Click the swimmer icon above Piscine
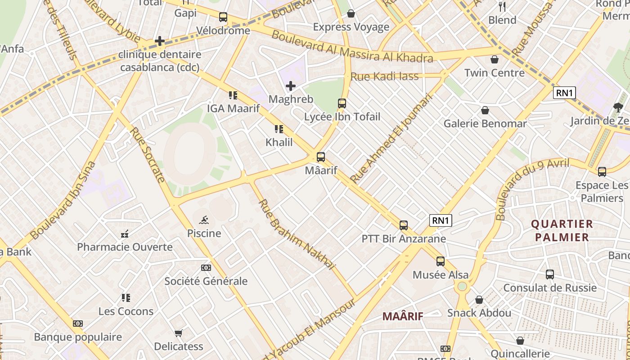tap(204, 220)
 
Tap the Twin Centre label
tap(494, 72)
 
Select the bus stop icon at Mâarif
tap(321, 157)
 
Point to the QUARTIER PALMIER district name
tap(562, 230)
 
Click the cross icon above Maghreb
tap(291, 85)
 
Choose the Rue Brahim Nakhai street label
tap(297, 234)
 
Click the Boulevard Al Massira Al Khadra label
tap(352, 46)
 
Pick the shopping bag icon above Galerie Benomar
tap(485, 110)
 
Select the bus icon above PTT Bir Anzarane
tap(404, 225)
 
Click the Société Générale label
tap(206, 281)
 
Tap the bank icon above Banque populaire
tap(78, 324)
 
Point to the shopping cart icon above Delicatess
tap(179, 333)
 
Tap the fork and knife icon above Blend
tap(502, 7)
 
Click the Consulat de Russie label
tap(550, 288)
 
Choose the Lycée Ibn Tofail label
tap(342, 117)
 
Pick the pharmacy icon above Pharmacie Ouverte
tap(125, 234)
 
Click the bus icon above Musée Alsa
tap(441, 261)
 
